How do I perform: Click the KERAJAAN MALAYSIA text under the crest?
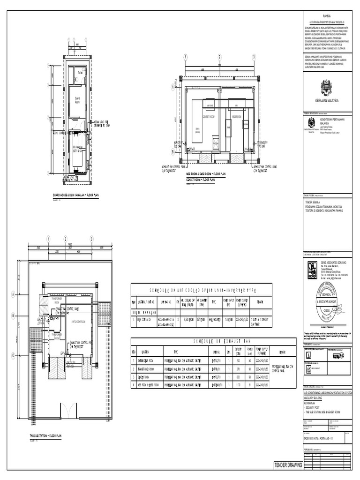tap(327, 101)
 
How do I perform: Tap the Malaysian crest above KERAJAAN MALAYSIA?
tap(327, 87)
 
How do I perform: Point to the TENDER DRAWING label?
tap(288, 465)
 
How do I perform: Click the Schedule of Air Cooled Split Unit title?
tap(201, 290)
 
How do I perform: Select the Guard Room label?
tap(78, 99)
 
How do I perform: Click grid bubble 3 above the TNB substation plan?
tap(91, 239)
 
